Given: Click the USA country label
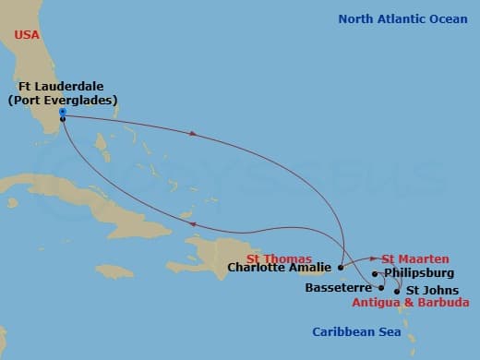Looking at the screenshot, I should [x=28, y=35].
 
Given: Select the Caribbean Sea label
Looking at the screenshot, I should [x=355, y=331].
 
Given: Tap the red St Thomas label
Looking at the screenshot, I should [x=279, y=258].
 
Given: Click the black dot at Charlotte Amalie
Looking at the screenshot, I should [x=341, y=268].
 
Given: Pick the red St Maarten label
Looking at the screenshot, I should [x=415, y=259].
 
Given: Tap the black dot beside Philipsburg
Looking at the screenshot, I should [x=375, y=274].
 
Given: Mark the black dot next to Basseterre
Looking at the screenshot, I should [x=380, y=288].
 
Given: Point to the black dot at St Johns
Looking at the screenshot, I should [x=398, y=291].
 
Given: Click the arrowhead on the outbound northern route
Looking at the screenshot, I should [x=193, y=134].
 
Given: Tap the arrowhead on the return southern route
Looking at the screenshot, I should [x=191, y=223].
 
